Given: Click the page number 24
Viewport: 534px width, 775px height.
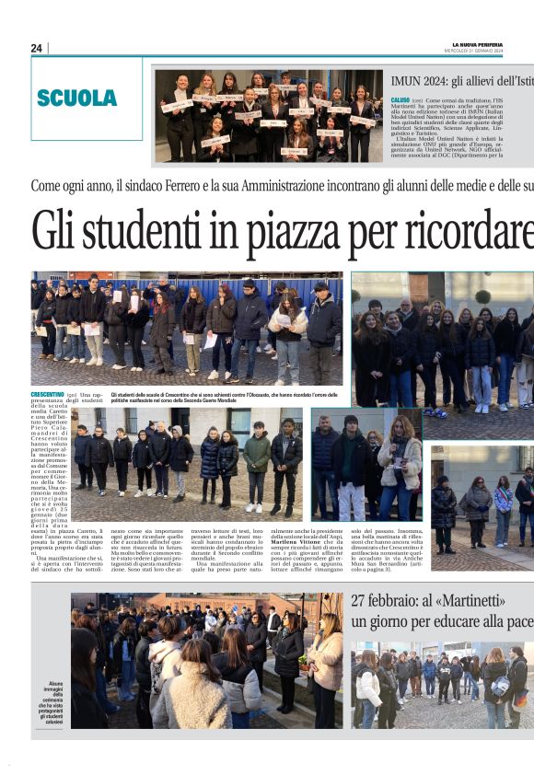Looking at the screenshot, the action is [36, 48].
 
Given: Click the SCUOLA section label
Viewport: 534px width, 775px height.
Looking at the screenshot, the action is [76, 98].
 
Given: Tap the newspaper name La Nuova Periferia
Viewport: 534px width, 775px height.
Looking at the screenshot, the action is [503, 44].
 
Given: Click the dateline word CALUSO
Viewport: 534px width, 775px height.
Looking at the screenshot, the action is [400, 99].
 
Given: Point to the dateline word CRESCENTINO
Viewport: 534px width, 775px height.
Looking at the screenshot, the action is [47, 394].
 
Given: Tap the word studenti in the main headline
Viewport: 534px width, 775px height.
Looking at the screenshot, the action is [145, 231].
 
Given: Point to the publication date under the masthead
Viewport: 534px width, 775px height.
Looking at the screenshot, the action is [503, 51].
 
